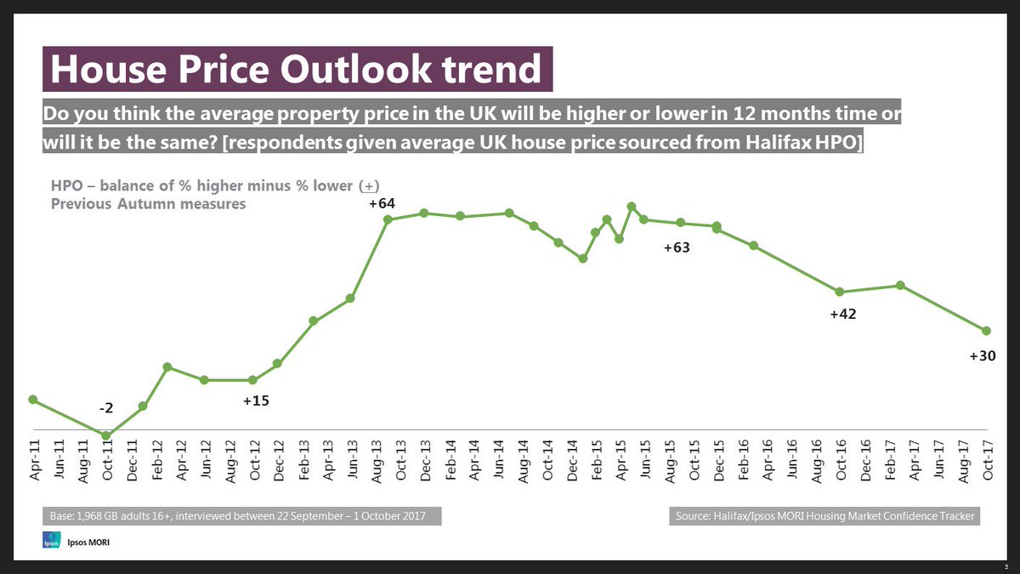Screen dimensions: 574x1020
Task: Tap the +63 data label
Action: tap(676, 249)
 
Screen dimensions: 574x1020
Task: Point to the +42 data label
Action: tap(842, 315)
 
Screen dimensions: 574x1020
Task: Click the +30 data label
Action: tap(983, 357)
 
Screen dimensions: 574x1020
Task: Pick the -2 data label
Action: tap(106, 409)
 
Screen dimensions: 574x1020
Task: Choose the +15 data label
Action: tap(256, 400)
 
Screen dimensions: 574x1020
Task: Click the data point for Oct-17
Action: tap(987, 331)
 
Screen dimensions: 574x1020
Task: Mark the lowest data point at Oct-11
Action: tap(106, 436)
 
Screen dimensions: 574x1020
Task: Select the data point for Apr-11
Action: tap(32, 400)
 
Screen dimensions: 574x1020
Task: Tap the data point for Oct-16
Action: tap(840, 293)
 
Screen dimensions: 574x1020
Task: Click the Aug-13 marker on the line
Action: tap(388, 219)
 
